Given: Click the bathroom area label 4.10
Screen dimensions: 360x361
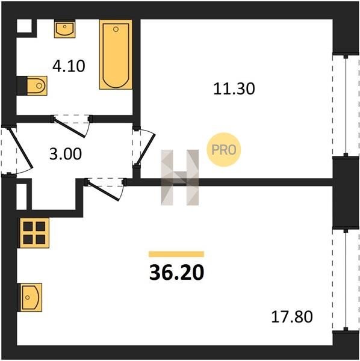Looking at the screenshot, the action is pyautogui.click(x=69, y=66).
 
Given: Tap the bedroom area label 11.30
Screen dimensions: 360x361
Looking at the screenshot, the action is pyautogui.click(x=234, y=89).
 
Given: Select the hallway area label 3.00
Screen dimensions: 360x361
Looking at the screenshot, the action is pyautogui.click(x=66, y=154).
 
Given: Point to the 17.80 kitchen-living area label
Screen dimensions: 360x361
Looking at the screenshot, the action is pyautogui.click(x=292, y=316).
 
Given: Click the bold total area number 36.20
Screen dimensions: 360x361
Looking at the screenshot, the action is pyautogui.click(x=176, y=273).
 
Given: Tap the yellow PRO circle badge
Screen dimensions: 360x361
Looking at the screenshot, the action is pyautogui.click(x=224, y=150).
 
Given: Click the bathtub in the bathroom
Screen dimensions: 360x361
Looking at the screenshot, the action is pyautogui.click(x=116, y=54).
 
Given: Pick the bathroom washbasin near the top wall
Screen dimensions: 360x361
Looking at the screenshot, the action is pyautogui.click(x=65, y=29).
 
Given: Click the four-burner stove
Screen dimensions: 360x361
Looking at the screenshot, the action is pyautogui.click(x=34, y=233).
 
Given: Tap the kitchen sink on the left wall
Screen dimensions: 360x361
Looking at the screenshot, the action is pyautogui.click(x=31, y=297).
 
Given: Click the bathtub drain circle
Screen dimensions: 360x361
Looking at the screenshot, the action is pyautogui.click(x=116, y=29).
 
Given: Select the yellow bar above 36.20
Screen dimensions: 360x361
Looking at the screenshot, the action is pyautogui.click(x=176, y=254).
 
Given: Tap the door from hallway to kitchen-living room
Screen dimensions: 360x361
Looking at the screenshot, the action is pyautogui.click(x=105, y=190).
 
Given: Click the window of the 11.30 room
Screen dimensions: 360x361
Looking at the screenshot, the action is pyautogui.click(x=346, y=106).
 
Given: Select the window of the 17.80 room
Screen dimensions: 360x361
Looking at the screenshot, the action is pyautogui.click(x=346, y=280).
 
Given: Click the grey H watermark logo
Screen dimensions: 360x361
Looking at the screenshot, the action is pyautogui.click(x=179, y=177).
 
